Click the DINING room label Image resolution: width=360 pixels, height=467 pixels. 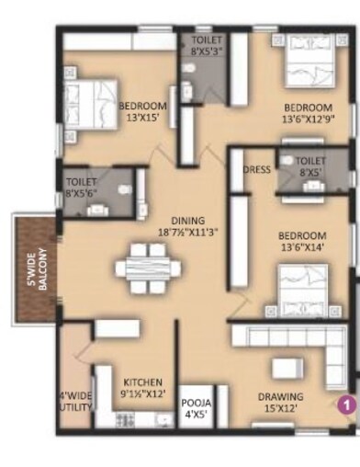pos(186,220)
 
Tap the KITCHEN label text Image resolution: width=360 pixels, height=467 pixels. pos(143,382)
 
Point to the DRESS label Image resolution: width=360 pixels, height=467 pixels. pos(256,170)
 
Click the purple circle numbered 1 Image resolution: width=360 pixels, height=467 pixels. pos(345,402)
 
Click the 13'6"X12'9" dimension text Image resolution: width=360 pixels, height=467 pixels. pos(308,118)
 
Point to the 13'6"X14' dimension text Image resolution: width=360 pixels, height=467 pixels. pos(301,247)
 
